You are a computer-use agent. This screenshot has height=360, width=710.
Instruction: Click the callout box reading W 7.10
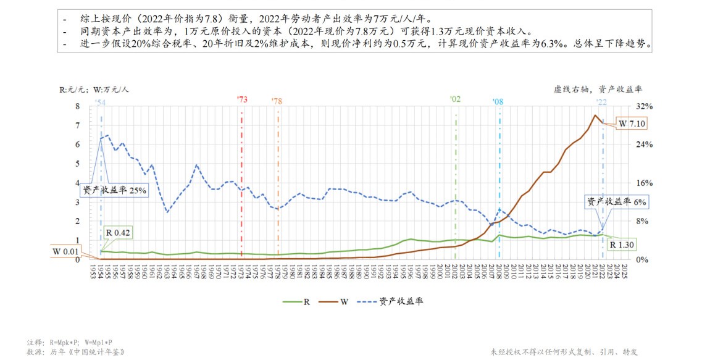[x=631, y=123]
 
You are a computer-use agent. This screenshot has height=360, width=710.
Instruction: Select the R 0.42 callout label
[x=118, y=233]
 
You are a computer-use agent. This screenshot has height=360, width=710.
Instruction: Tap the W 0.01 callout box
[x=66, y=251]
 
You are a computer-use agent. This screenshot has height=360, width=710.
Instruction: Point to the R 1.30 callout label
[x=621, y=245]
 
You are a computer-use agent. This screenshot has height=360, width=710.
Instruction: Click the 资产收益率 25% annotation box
[x=113, y=190]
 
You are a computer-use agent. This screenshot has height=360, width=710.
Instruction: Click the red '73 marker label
[x=242, y=99]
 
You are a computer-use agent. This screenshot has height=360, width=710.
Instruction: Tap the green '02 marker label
[x=455, y=99]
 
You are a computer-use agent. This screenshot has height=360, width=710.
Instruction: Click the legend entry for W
[x=339, y=301]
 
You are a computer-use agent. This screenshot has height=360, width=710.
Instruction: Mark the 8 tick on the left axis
[x=77, y=106]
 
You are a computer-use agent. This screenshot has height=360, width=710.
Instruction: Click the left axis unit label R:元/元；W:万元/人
[x=94, y=89]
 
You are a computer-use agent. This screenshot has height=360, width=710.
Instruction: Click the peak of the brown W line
[x=595, y=115]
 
